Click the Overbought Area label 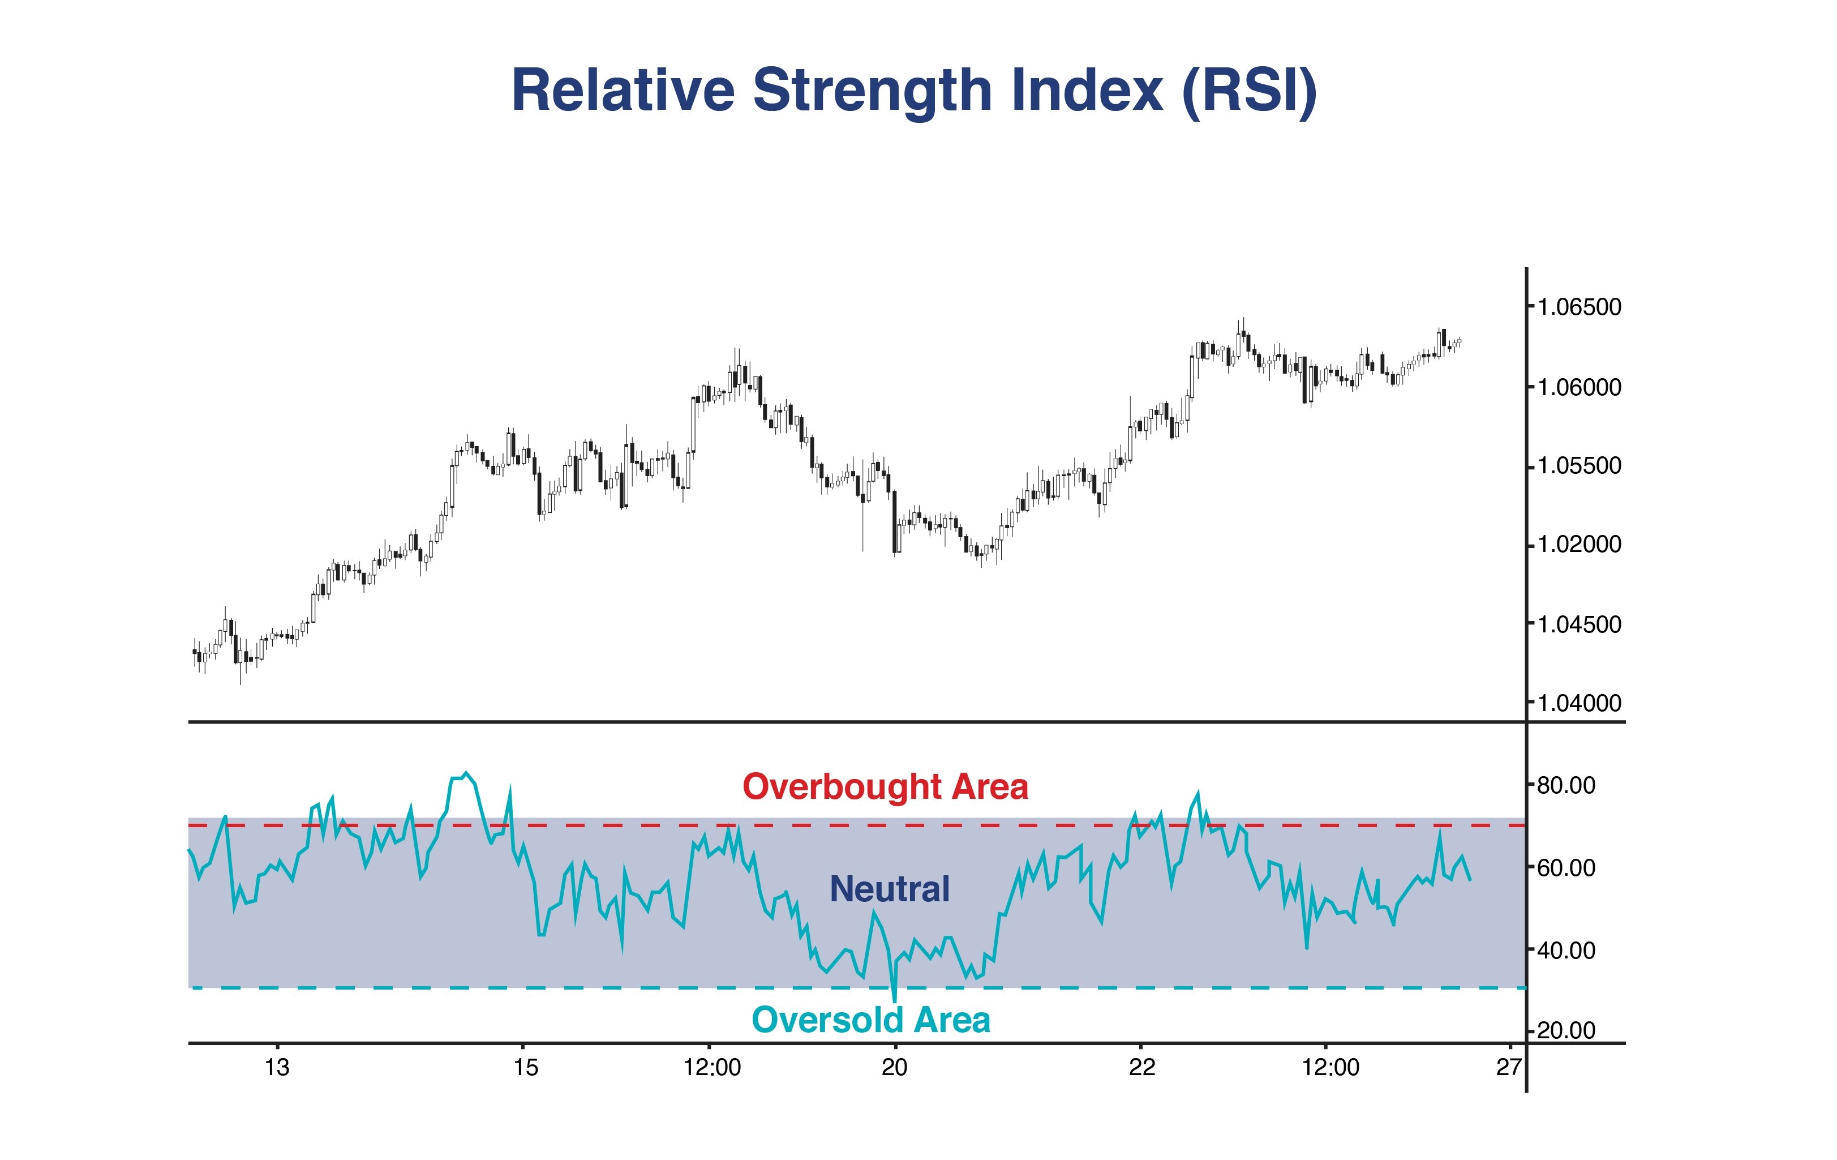point(885,787)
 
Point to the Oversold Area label point(871,1020)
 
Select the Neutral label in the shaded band point(890,889)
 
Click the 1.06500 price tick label point(1578,307)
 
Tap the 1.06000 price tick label point(1578,388)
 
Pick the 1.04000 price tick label point(1578,703)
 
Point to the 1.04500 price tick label point(1578,624)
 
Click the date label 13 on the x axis point(277,1067)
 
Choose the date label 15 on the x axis point(526,1067)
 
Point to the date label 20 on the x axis point(894,1067)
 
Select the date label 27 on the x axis point(1508,1067)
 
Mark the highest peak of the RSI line point(466,773)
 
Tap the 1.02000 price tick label point(1578,545)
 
